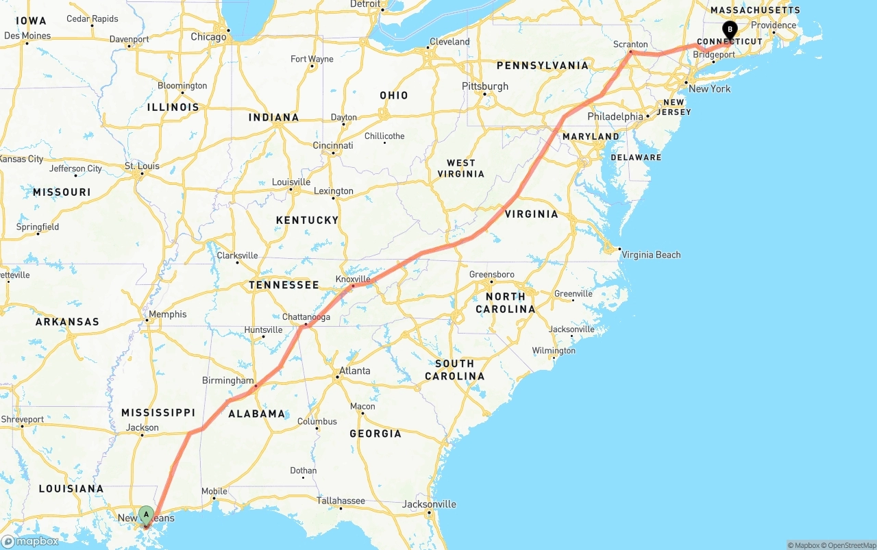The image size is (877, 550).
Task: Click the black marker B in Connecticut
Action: (730, 29)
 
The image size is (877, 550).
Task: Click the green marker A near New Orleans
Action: (146, 514)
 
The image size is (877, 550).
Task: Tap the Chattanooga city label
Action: (306, 317)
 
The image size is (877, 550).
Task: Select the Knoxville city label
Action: (353, 279)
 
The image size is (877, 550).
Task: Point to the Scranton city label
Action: (630, 45)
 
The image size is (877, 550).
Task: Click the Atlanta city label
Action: (355, 371)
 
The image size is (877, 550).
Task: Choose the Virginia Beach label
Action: (651, 255)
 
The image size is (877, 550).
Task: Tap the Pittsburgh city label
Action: (485, 86)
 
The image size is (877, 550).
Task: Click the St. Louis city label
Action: (142, 166)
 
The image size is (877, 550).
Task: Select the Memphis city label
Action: (167, 314)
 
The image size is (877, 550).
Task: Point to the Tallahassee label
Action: (341, 501)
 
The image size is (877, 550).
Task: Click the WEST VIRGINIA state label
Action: (461, 168)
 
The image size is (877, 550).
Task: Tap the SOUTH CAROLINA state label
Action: (454, 370)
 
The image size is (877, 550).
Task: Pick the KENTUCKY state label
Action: (307, 220)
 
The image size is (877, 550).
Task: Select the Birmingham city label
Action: (227, 381)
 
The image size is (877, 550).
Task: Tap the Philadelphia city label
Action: (615, 116)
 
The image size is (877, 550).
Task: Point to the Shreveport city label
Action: (23, 419)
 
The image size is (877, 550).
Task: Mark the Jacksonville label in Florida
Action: (429, 505)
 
